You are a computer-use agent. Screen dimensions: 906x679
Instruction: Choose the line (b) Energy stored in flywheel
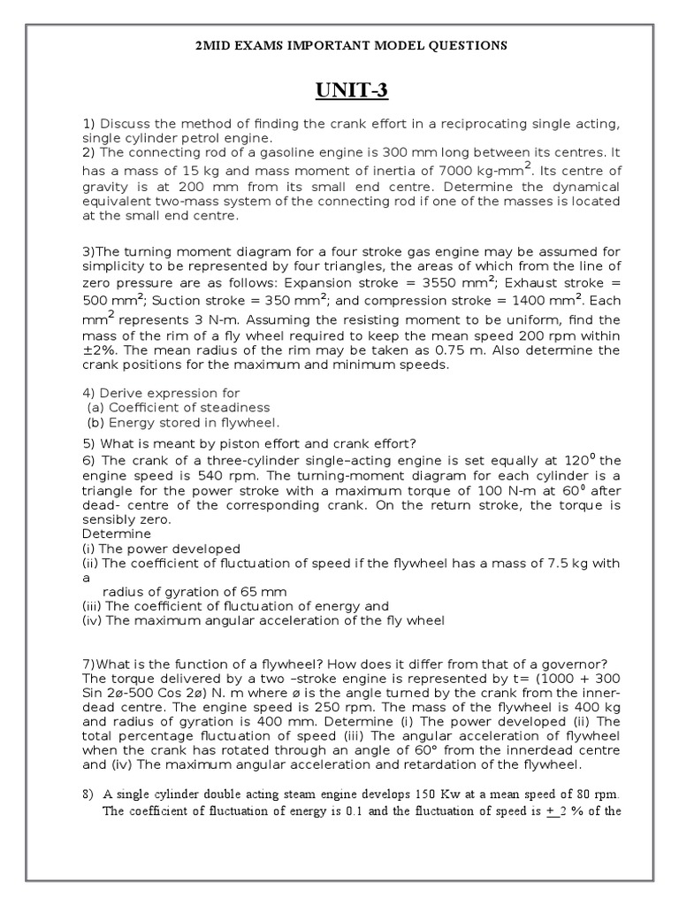(182, 423)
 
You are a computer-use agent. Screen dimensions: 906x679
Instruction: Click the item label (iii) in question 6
(92, 606)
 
